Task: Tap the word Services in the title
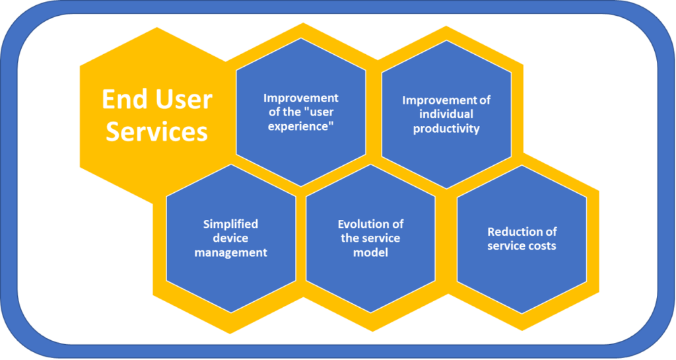click(x=157, y=131)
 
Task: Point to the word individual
click(x=446, y=114)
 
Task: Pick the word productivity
click(x=446, y=129)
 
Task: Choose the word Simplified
click(x=230, y=224)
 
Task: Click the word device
click(x=230, y=238)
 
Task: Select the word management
click(x=230, y=252)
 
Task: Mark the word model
click(x=370, y=252)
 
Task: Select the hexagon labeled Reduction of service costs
click(x=522, y=239)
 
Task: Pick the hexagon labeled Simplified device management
click(x=231, y=238)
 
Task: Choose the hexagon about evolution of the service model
click(x=370, y=238)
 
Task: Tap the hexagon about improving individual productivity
click(x=446, y=115)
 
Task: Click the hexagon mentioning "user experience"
click(x=301, y=112)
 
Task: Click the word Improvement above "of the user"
click(x=301, y=98)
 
